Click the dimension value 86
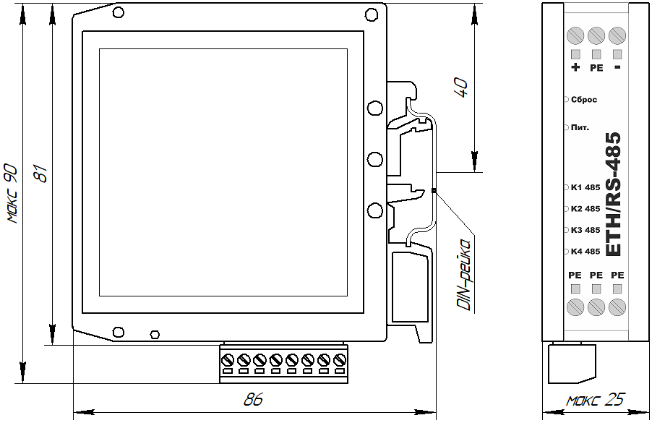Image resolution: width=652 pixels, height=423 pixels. [x=253, y=400]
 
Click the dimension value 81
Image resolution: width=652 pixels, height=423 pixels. [x=40, y=173]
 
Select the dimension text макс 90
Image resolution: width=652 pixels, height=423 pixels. [x=12, y=194]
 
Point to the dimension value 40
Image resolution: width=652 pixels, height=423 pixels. [x=461, y=88]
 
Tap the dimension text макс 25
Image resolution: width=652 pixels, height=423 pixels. [x=595, y=400]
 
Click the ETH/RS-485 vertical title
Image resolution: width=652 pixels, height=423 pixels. [x=614, y=195]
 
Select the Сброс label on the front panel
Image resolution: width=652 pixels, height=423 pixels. [x=584, y=100]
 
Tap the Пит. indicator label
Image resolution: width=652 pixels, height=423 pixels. [x=580, y=128]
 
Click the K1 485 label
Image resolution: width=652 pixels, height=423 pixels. [x=585, y=187]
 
